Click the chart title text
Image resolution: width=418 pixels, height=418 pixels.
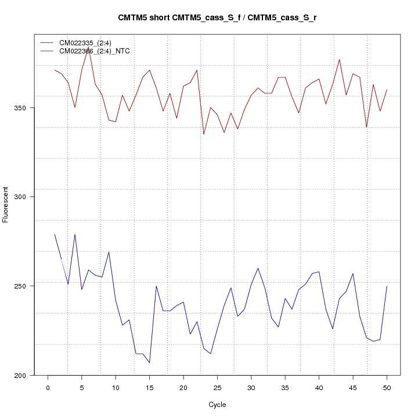click(x=217, y=18)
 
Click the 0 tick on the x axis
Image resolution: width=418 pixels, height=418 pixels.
click(x=48, y=387)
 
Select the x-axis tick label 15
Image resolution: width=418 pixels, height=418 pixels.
click(x=149, y=387)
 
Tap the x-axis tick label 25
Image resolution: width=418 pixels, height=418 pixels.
click(x=217, y=387)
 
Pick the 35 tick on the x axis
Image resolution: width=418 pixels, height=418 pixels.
click(x=285, y=387)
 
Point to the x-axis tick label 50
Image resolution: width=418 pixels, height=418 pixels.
click(x=387, y=387)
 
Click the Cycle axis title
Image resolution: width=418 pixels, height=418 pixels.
click(x=217, y=405)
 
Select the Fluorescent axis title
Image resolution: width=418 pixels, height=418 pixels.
click(x=6, y=204)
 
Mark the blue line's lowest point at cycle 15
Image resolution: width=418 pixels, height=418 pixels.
click(x=149, y=363)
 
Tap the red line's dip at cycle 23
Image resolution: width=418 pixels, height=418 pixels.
click(x=204, y=135)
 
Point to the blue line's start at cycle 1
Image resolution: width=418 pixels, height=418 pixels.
click(x=55, y=234)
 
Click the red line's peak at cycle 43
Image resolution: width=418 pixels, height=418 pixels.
click(x=339, y=59)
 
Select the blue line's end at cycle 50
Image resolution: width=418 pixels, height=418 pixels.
click(x=387, y=286)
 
